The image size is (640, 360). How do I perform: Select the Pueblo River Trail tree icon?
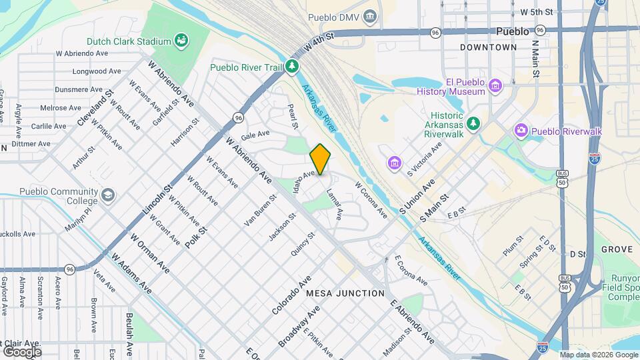pyautogui.click(x=292, y=67)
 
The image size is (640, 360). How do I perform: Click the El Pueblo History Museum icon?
pyautogui.click(x=495, y=86)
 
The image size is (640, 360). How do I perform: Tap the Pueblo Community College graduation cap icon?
pyautogui.click(x=108, y=195)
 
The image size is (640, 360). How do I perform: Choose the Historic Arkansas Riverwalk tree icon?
pyautogui.click(x=473, y=123)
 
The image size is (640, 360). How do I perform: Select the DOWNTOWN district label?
pyautogui.click(x=488, y=48)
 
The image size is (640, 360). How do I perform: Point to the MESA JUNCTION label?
pyautogui.click(x=345, y=293)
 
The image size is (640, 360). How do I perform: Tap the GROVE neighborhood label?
pyautogui.click(x=616, y=249)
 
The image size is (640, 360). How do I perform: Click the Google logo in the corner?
pyautogui.click(x=22, y=351)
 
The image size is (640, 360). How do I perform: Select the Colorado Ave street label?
pyautogui.click(x=292, y=295)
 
